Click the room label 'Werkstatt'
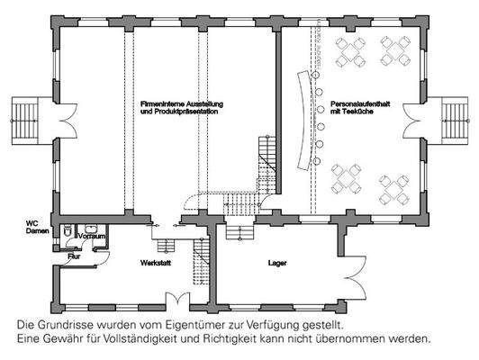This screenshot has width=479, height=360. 155,263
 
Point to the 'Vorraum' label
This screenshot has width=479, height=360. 93,236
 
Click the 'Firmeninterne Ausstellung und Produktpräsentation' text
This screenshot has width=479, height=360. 182,108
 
